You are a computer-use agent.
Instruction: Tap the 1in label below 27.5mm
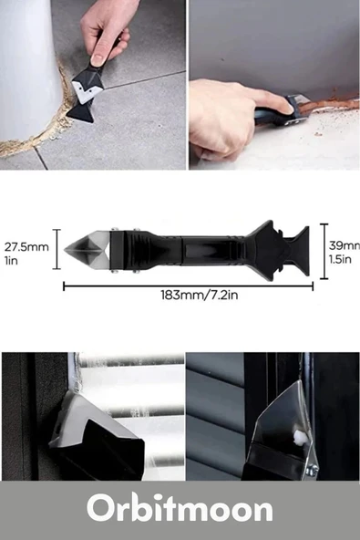pos(11,260)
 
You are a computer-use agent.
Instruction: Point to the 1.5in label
pos(344,258)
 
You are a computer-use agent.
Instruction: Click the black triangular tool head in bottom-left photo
pos(100,452)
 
